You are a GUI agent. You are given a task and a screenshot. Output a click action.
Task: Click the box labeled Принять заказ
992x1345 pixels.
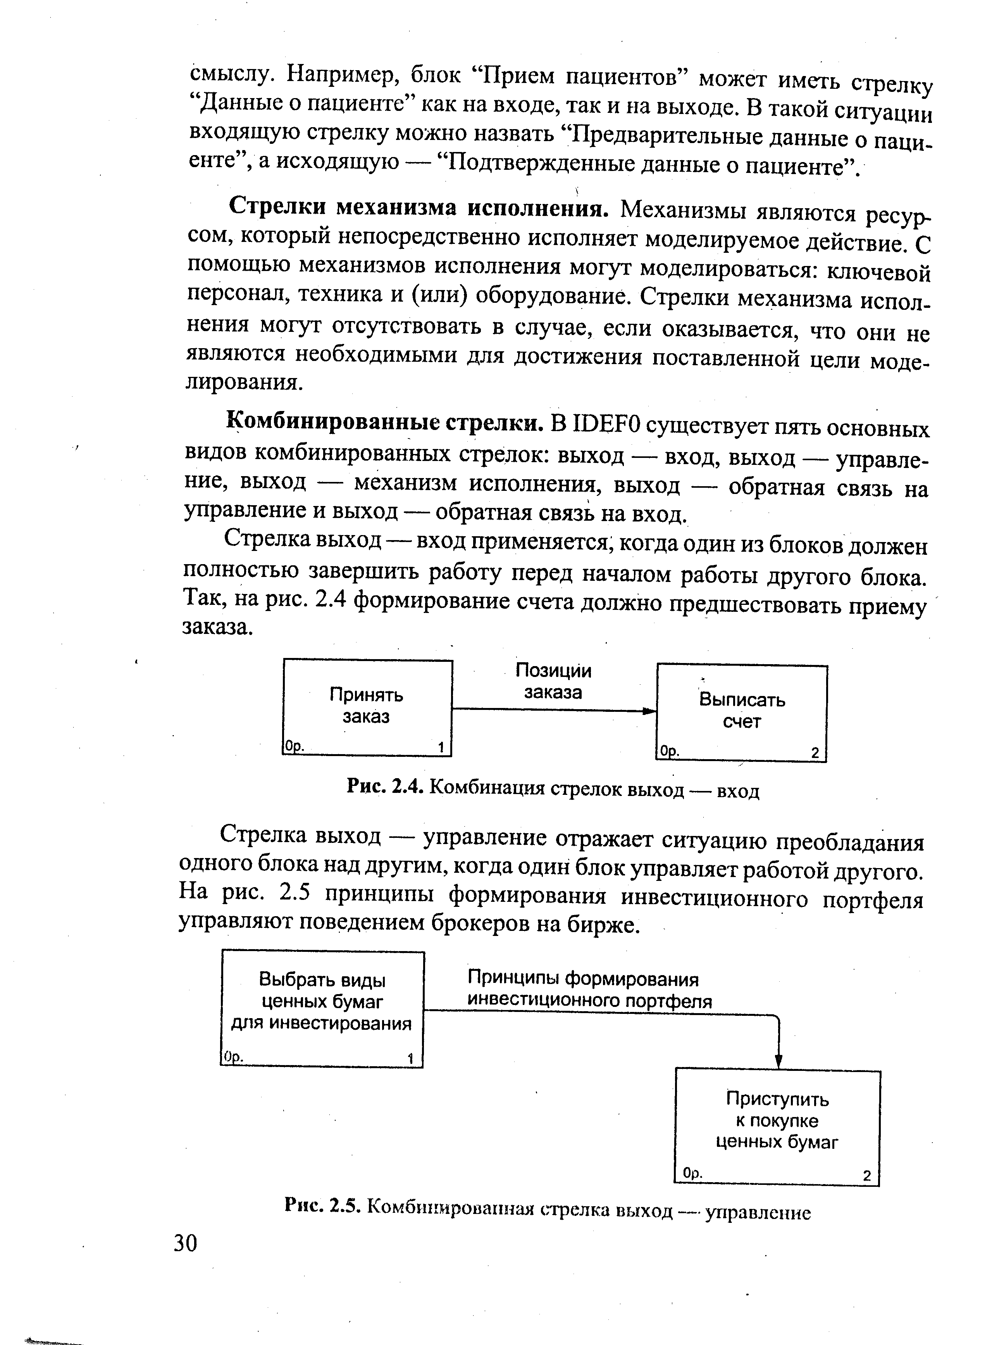(x=367, y=707)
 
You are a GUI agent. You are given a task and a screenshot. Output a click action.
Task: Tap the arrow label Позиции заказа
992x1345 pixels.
(x=553, y=681)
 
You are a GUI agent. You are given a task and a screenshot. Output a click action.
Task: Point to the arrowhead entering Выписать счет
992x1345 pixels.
(x=650, y=711)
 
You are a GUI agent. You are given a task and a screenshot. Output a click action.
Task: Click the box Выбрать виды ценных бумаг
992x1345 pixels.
(x=322, y=1008)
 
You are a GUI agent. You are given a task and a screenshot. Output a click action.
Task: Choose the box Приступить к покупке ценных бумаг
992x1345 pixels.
(x=778, y=1127)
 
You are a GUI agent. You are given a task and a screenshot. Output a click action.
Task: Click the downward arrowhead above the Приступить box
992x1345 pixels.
(x=779, y=1062)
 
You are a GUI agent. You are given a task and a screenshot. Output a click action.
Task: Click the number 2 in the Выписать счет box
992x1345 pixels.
(x=815, y=753)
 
